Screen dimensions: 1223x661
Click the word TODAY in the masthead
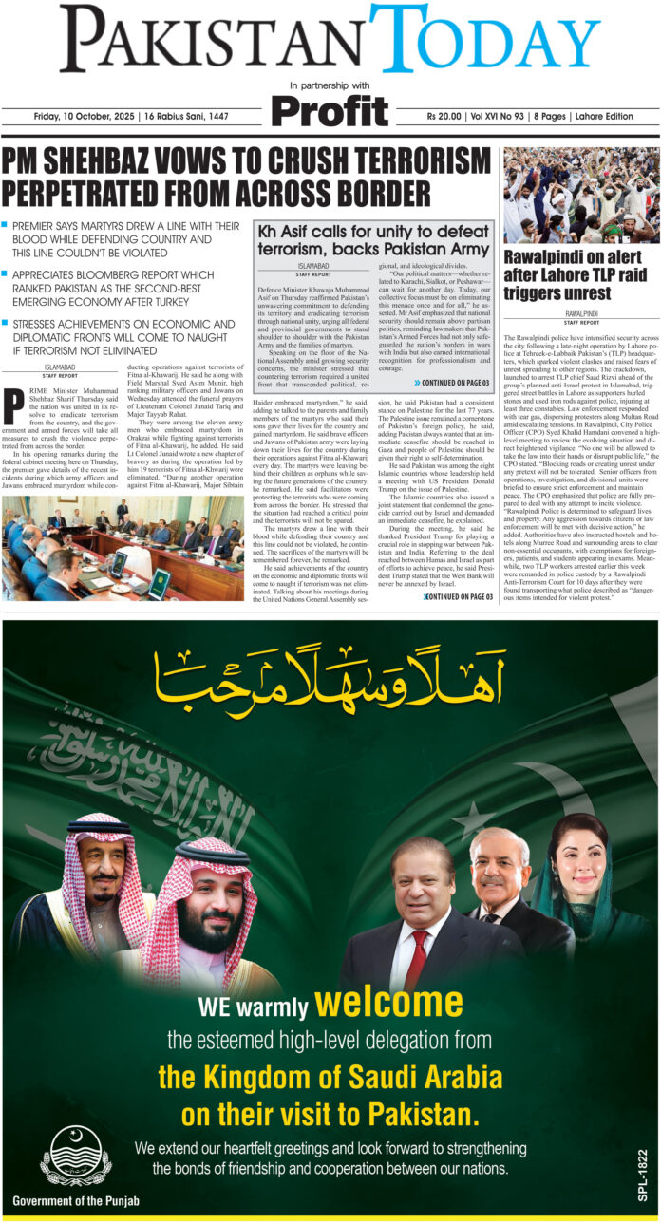[x=484, y=42]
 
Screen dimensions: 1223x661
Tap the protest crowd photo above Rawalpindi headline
[x=581, y=195]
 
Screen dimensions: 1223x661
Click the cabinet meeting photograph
[x=123, y=548]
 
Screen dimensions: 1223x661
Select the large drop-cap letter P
[x=13, y=406]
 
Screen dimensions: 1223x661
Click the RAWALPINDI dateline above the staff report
[x=581, y=311]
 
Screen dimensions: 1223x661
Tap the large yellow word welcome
[x=388, y=1003]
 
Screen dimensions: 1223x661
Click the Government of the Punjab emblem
[x=75, y=1153]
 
